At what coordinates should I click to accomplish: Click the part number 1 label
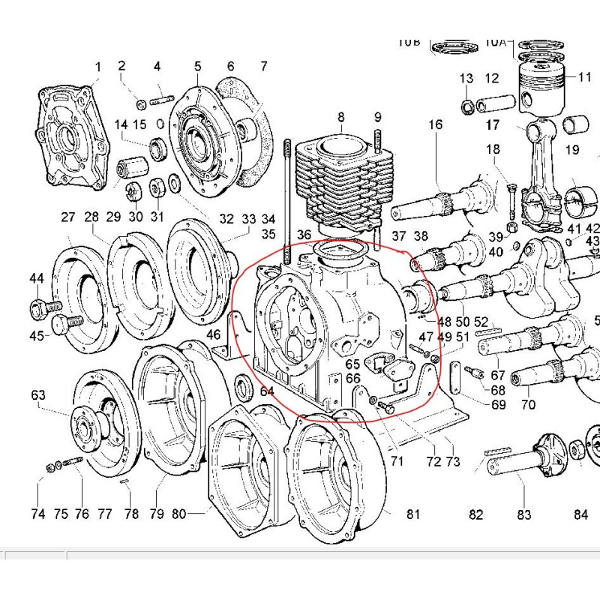(97, 67)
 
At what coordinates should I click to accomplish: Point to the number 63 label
(38, 394)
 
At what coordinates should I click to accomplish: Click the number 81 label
(413, 514)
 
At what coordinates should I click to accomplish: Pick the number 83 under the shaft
(523, 514)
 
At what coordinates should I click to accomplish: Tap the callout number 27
(68, 217)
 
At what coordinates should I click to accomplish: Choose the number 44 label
(37, 278)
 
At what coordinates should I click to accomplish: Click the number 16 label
(436, 124)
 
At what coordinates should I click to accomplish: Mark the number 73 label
(452, 461)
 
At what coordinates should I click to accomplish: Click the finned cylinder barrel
(341, 180)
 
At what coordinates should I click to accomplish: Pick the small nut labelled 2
(140, 102)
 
